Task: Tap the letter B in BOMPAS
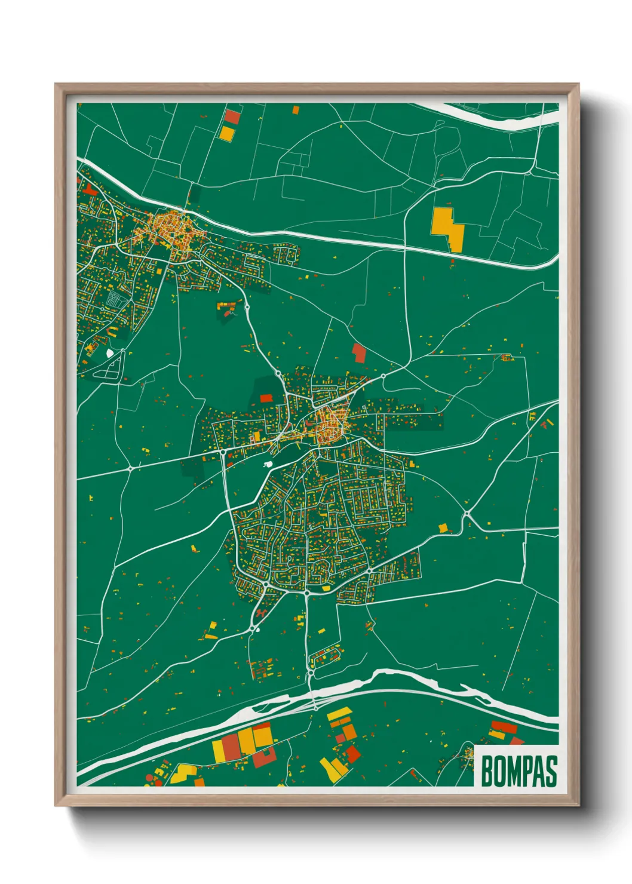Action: pyautogui.click(x=487, y=771)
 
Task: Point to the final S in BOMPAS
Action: pyautogui.click(x=551, y=771)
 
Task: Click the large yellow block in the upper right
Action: pyautogui.click(x=447, y=228)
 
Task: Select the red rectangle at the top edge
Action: pyautogui.click(x=232, y=116)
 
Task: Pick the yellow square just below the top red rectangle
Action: pyautogui.click(x=227, y=133)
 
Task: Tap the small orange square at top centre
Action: pyautogui.click(x=295, y=109)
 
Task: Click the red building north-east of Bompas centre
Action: pyautogui.click(x=358, y=352)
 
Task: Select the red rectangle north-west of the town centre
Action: pyautogui.click(x=266, y=398)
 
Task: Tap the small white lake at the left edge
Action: pyautogui.click(x=109, y=353)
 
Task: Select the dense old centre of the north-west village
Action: pyautogui.click(x=170, y=228)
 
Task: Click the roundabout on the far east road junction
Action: pyautogui.click(x=466, y=514)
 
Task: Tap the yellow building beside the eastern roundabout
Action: pyautogui.click(x=443, y=528)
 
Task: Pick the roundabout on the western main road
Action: pyautogui.click(x=131, y=469)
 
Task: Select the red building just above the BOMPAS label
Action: pyautogui.click(x=503, y=728)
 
